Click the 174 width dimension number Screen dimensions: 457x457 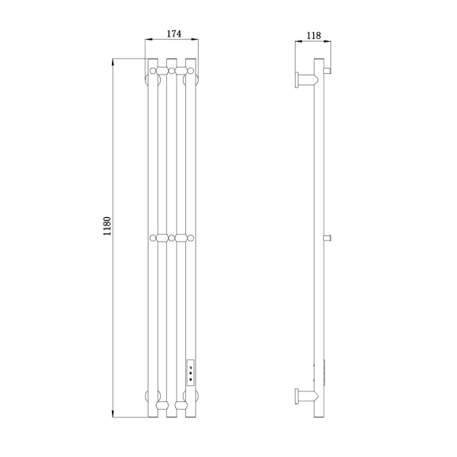pos(174,34)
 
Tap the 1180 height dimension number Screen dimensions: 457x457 pos(107,226)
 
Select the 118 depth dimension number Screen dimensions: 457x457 pos(314,36)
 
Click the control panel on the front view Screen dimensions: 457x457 pos(190,372)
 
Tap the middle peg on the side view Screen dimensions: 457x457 pos(328,238)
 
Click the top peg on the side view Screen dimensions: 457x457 pos(328,70)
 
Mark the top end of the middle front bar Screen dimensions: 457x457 pos(171,59)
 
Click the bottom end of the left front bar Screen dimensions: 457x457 pos(153,417)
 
